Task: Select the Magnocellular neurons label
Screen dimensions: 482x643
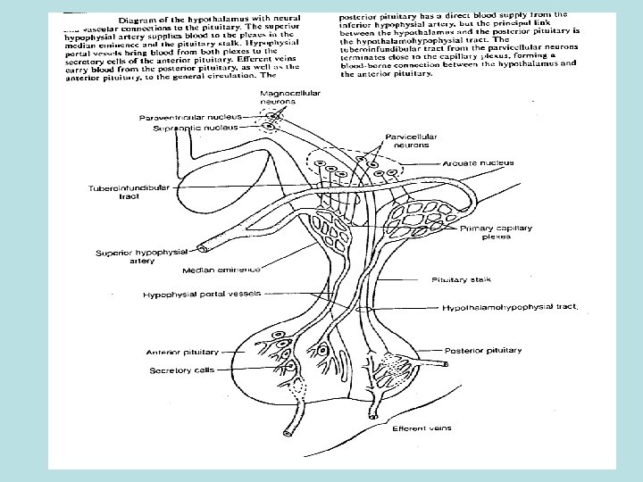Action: [x=290, y=97]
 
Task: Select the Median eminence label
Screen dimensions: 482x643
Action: [x=221, y=269]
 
